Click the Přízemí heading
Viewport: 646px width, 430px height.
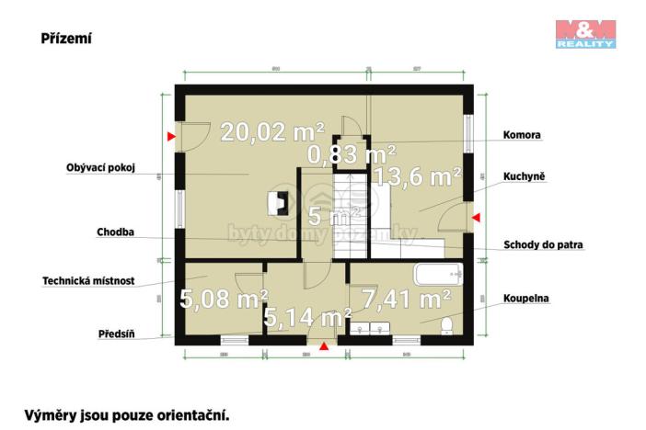point(65,39)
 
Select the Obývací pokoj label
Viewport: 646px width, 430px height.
point(101,168)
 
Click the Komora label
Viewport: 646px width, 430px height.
point(522,135)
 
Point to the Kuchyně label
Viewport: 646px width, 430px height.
point(525,175)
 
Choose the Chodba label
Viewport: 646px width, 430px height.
point(116,232)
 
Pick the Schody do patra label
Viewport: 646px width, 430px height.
point(544,245)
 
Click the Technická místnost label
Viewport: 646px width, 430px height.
point(88,281)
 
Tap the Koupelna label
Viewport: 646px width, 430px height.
point(525,299)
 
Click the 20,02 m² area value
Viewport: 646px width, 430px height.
point(272,132)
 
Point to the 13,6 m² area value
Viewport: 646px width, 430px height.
point(417,176)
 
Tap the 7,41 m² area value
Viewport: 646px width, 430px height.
point(406,298)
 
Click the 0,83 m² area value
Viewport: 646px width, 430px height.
point(352,153)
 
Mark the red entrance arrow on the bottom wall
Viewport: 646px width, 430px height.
point(323,346)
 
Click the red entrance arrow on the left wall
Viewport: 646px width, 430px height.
point(171,138)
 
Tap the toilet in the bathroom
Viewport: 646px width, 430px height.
point(446,326)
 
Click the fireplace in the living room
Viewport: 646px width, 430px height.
point(275,202)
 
